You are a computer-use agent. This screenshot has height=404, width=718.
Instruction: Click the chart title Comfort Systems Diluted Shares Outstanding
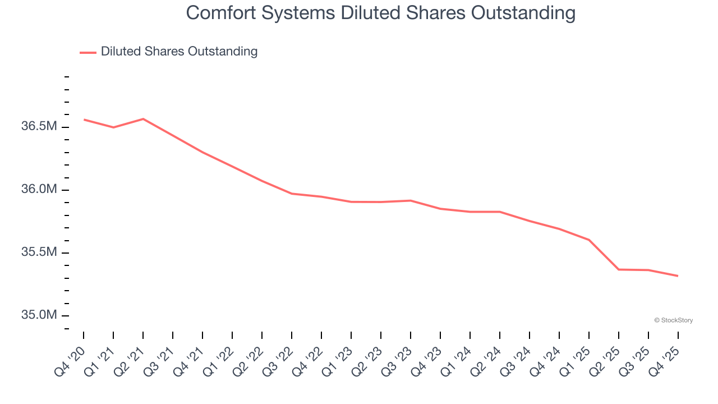[x=380, y=13]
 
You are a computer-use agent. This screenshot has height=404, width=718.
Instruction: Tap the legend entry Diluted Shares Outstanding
[x=179, y=52]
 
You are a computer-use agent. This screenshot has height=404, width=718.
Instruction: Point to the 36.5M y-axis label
[x=39, y=127]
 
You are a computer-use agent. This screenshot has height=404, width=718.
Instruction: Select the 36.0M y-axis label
[x=39, y=190]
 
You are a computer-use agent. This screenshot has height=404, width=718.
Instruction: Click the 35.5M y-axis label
[x=39, y=252]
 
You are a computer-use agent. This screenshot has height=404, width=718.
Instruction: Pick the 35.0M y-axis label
[x=39, y=315]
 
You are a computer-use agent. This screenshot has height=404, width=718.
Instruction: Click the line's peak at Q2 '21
[x=143, y=119]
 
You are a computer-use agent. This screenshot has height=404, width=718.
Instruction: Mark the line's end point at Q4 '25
[x=678, y=276]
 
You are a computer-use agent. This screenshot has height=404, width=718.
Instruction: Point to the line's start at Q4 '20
[x=84, y=120]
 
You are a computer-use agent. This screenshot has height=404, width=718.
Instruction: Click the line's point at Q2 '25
[x=619, y=269]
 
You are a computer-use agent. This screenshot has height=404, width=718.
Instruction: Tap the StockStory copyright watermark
[x=673, y=320]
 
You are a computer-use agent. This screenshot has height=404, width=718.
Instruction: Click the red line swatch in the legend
[x=88, y=52]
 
